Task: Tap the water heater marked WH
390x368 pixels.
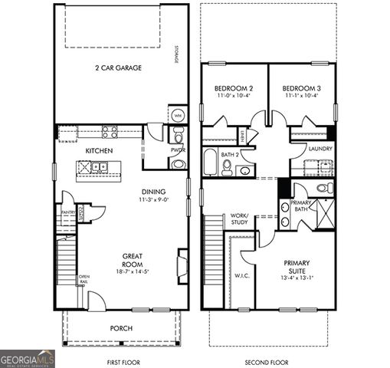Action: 177,116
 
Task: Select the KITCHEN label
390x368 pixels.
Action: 99,150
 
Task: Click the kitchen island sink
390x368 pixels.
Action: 99,166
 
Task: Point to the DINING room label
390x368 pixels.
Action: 154,192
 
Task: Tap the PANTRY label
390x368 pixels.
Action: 67,212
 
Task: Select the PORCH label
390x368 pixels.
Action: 121,328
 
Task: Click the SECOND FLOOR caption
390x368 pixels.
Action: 266,360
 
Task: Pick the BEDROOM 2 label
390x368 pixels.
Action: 233,89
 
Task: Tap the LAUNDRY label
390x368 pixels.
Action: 320,149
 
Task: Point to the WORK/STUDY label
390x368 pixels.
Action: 239,219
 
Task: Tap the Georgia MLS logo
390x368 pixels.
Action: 27,358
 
